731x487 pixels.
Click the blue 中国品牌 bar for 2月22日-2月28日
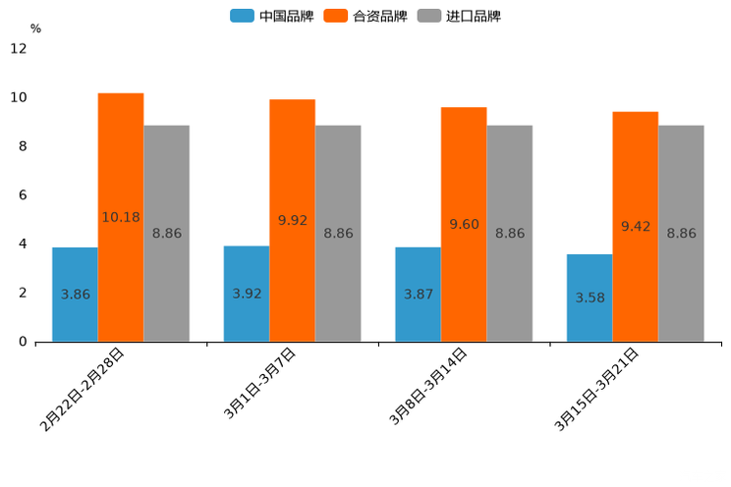click(75, 295)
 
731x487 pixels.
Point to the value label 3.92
click(247, 294)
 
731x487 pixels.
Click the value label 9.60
click(464, 225)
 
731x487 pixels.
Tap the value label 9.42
click(636, 227)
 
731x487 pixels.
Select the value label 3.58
click(590, 298)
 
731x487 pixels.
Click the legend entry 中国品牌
click(272, 16)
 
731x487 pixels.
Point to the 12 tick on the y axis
click(19, 48)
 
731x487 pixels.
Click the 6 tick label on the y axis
click(23, 195)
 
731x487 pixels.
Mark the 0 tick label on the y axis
click(23, 342)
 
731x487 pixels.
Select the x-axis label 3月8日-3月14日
click(428, 387)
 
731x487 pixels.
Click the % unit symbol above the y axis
click(35, 28)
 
